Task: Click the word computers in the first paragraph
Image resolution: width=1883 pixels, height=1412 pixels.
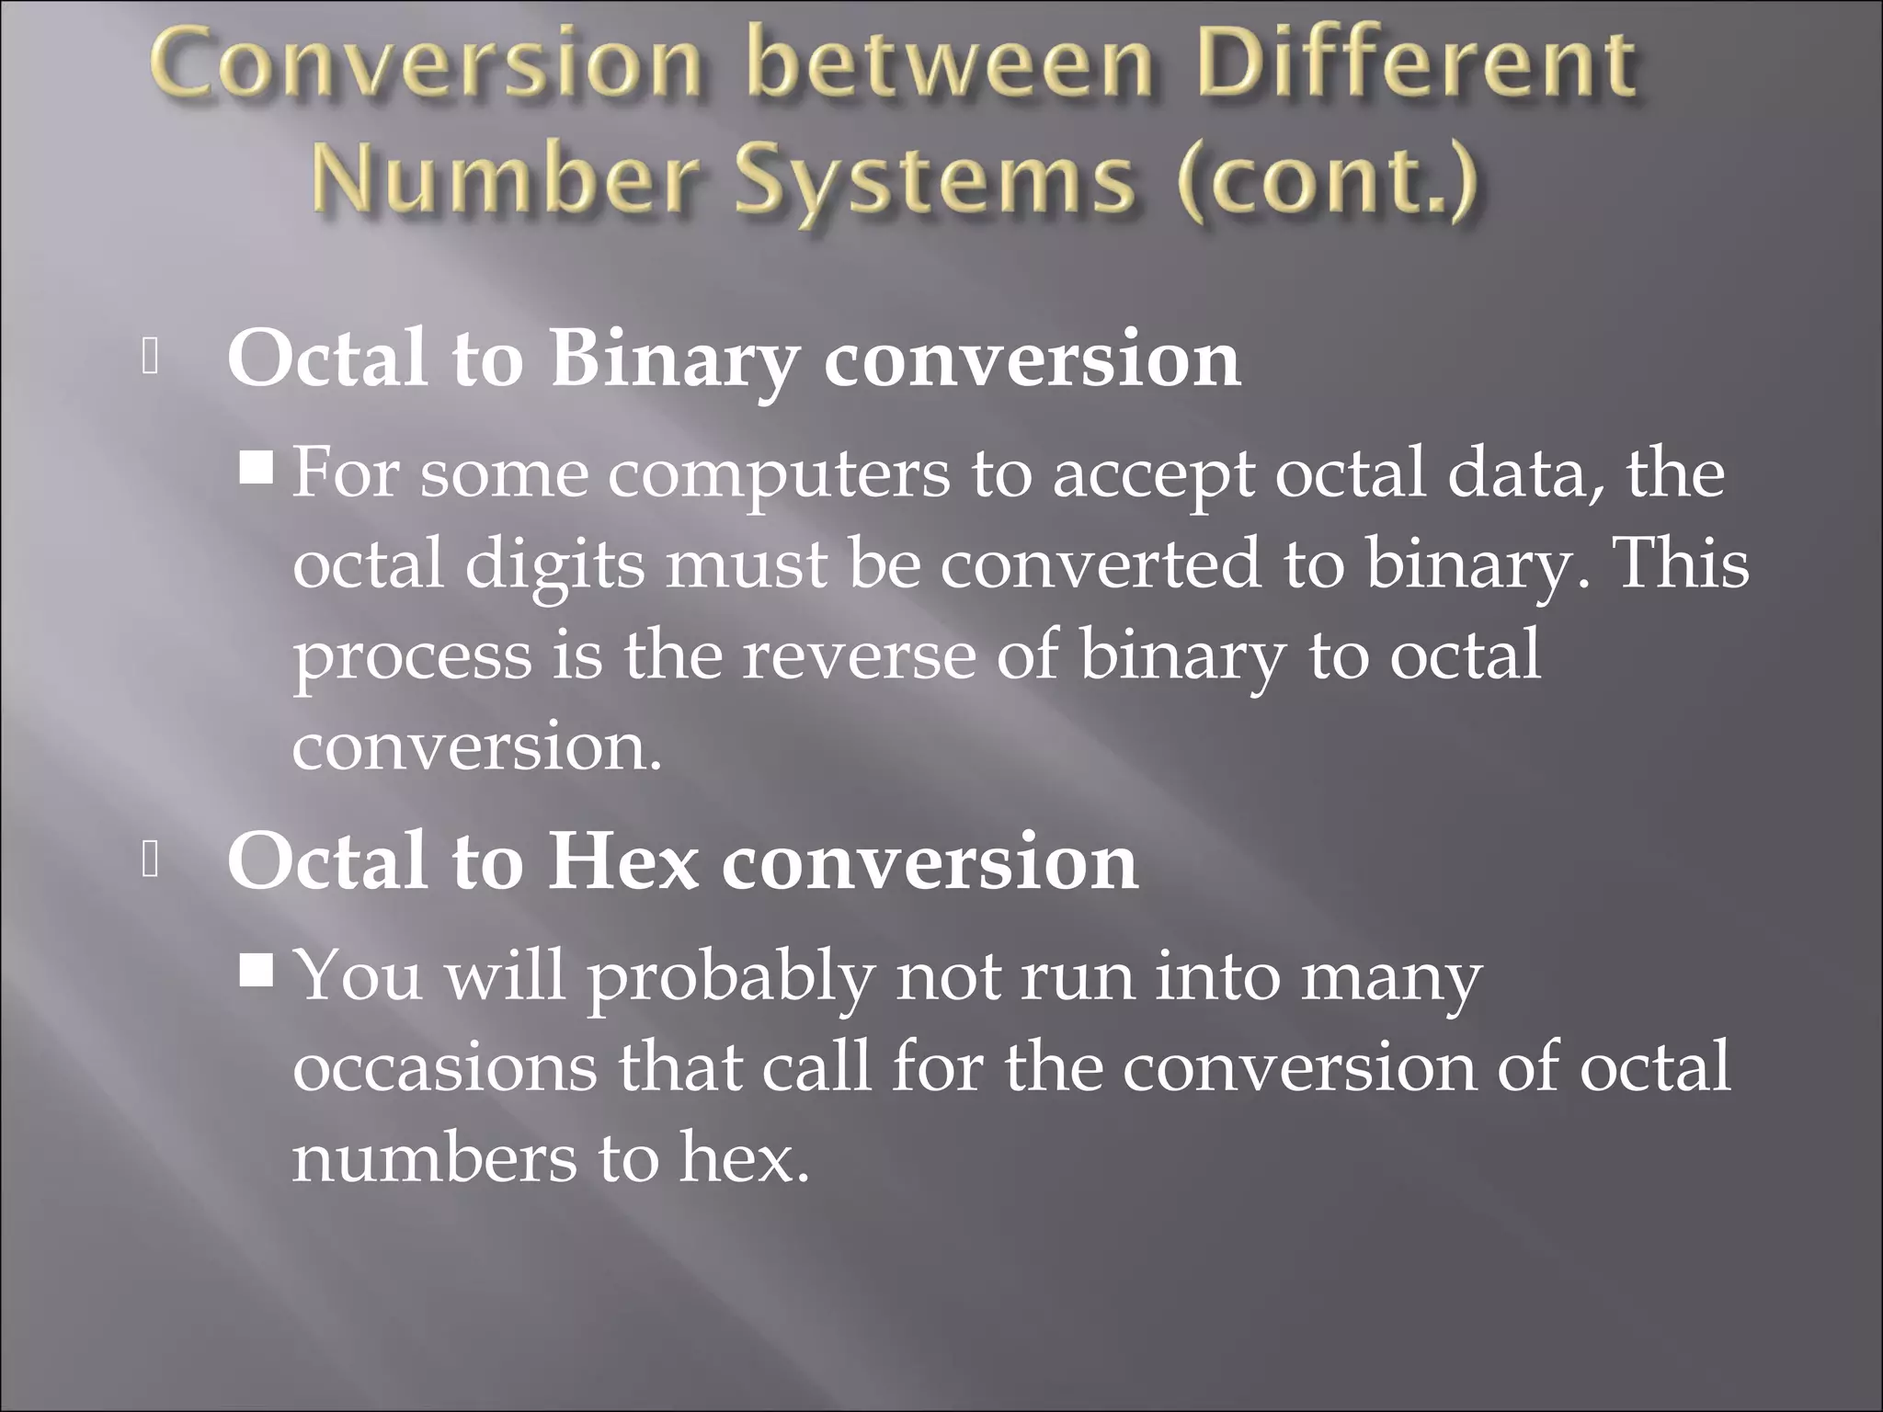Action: tap(778, 474)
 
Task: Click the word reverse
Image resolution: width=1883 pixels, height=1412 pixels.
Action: tap(859, 656)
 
